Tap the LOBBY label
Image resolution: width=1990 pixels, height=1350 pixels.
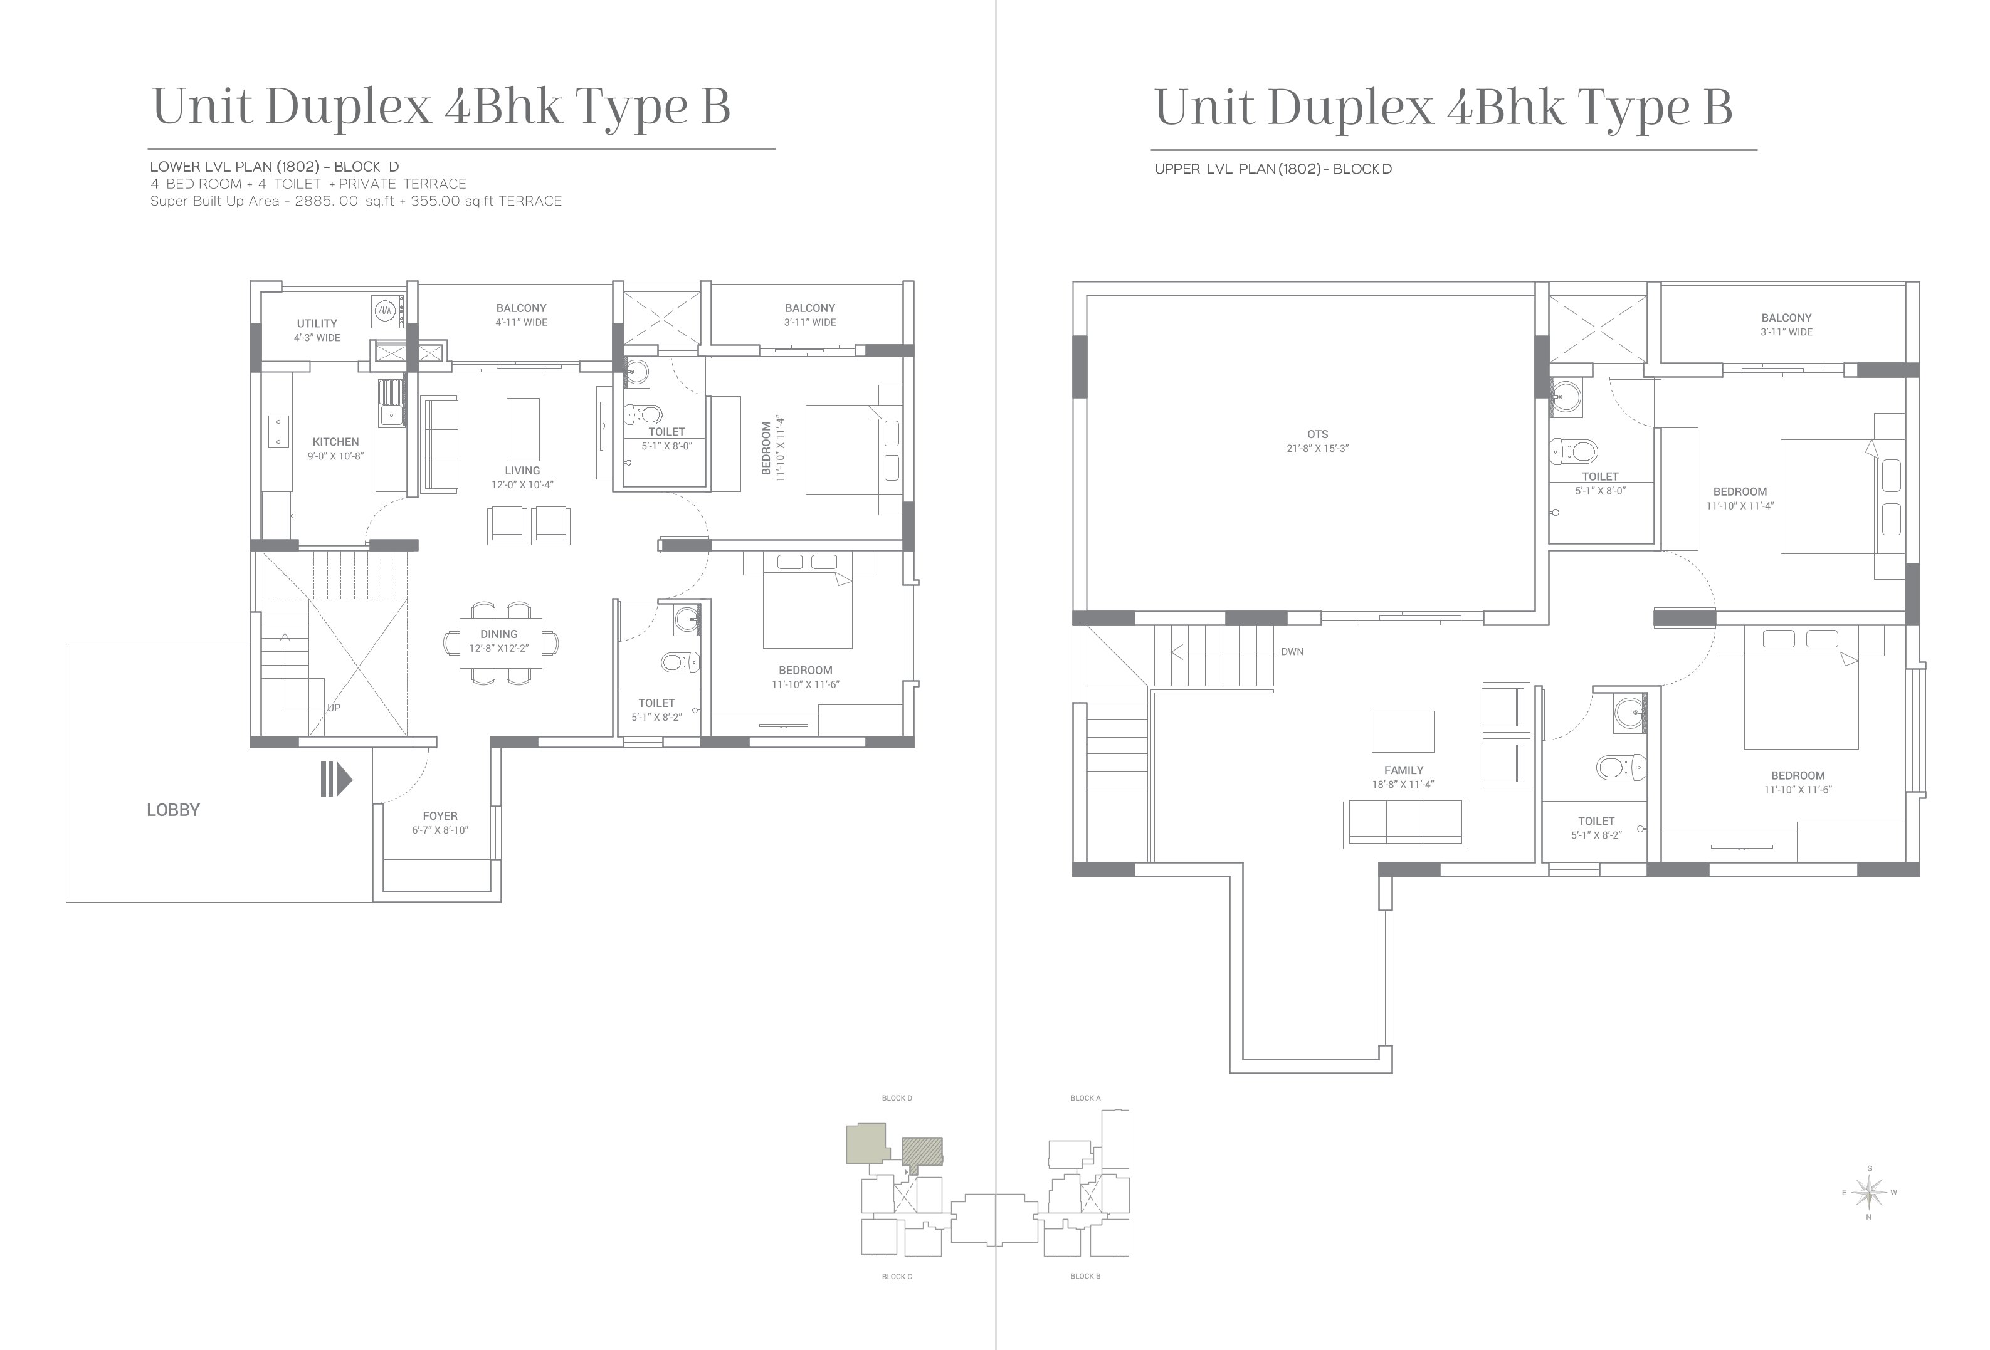pyautogui.click(x=173, y=810)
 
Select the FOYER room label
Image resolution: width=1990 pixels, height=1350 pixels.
pyautogui.click(x=440, y=816)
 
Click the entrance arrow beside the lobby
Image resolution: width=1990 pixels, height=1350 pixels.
pyautogui.click(x=337, y=779)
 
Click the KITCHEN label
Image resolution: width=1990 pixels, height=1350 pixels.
pyautogui.click(x=335, y=442)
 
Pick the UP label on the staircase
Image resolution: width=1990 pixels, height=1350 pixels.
pyautogui.click(x=334, y=708)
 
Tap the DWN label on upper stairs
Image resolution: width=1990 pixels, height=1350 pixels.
pyautogui.click(x=1292, y=651)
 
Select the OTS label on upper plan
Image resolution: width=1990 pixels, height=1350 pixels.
pyautogui.click(x=1318, y=434)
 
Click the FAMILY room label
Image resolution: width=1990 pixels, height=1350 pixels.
pyautogui.click(x=1403, y=770)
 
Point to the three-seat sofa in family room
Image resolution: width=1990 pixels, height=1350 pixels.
pyautogui.click(x=1405, y=824)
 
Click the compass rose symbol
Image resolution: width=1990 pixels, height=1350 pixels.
pyautogui.click(x=1869, y=1191)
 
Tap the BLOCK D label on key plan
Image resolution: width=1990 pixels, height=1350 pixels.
pyautogui.click(x=897, y=1097)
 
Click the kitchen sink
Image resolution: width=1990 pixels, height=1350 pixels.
pyautogui.click(x=391, y=402)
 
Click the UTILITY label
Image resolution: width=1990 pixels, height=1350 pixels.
pyautogui.click(x=317, y=323)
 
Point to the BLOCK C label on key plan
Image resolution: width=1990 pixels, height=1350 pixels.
pyautogui.click(x=897, y=1277)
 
